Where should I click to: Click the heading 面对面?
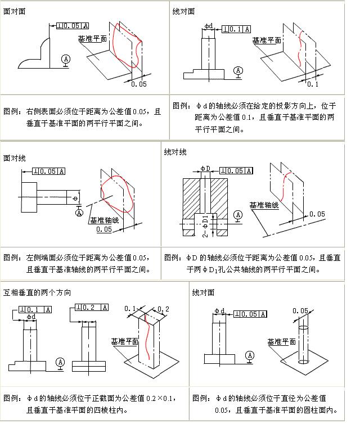[14, 11]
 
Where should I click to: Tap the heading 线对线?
[175, 152]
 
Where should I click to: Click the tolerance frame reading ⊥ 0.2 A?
[91, 308]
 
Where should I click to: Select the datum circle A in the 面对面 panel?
[66, 58]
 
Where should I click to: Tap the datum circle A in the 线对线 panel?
[238, 215]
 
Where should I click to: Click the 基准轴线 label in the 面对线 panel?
[103, 220]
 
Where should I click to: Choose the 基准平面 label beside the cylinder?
[281, 342]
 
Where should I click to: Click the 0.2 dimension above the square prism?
[164, 309]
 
